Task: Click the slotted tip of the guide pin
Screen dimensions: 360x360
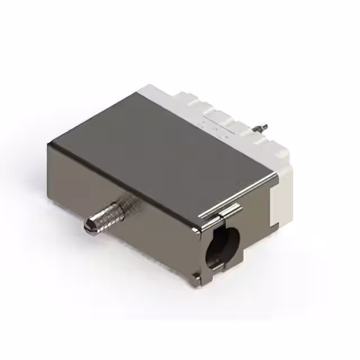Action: pyautogui.click(x=89, y=226)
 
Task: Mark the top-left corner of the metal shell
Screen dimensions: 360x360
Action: pyautogui.click(x=49, y=144)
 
